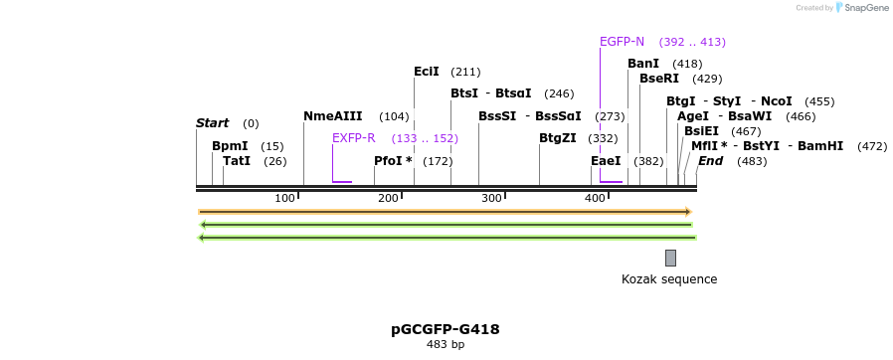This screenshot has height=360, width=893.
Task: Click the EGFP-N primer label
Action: click(622, 42)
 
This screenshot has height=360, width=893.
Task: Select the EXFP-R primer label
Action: click(353, 138)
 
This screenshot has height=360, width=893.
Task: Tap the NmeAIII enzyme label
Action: click(332, 116)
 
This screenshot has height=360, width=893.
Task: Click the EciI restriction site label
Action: click(426, 72)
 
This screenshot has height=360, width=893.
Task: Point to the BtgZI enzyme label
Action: click(557, 138)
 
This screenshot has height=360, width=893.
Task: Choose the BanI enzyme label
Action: click(642, 64)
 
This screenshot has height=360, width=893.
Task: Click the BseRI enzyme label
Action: click(658, 79)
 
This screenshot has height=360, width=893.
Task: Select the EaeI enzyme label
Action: click(605, 161)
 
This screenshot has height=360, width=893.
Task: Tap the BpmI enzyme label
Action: click(230, 146)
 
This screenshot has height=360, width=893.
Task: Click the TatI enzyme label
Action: click(236, 161)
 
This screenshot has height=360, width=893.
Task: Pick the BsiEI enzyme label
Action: click(701, 131)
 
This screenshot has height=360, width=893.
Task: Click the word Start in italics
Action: click(212, 123)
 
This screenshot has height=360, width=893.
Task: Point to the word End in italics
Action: click(710, 161)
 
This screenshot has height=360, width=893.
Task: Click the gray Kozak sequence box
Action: click(670, 258)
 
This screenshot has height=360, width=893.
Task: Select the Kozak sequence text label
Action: click(668, 279)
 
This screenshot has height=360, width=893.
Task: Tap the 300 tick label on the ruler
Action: click(491, 198)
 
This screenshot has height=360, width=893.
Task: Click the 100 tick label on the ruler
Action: click(284, 198)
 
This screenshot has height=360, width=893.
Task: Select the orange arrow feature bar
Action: click(445, 212)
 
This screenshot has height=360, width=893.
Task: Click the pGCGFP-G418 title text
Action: click(445, 329)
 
